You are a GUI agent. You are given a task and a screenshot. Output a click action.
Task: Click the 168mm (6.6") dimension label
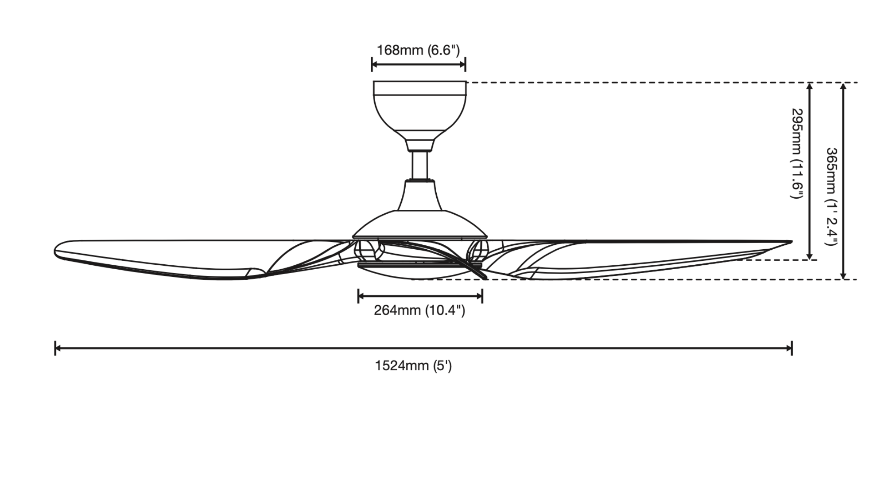[418, 50]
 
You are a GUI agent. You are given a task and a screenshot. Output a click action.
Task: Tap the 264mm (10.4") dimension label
[419, 310]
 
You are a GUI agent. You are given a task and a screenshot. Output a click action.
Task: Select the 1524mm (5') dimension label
[413, 366]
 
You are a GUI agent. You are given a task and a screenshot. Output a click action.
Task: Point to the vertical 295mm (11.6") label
[797, 153]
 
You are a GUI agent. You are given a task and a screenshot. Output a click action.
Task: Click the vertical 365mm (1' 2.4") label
[831, 196]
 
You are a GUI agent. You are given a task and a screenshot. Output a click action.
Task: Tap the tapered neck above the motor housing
[420, 195]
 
